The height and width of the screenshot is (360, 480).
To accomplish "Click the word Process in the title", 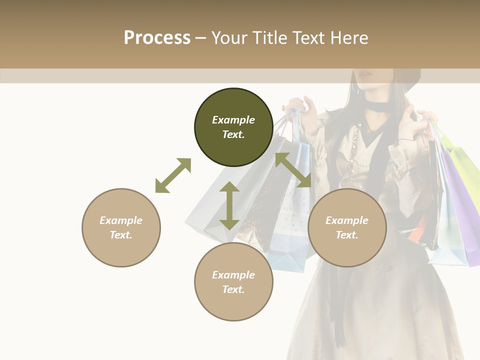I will click(157, 38).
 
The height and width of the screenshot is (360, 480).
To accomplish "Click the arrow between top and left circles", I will click(173, 175).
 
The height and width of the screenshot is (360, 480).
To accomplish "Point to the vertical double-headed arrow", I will click(229, 205).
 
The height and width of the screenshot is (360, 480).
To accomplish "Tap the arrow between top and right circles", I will click(293, 170).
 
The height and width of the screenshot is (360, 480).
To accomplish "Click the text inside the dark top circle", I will click(233, 127).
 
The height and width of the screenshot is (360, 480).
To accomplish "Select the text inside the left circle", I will click(121, 227).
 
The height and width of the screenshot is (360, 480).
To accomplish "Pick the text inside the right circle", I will click(347, 227).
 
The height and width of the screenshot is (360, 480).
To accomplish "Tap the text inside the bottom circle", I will click(233, 282).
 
